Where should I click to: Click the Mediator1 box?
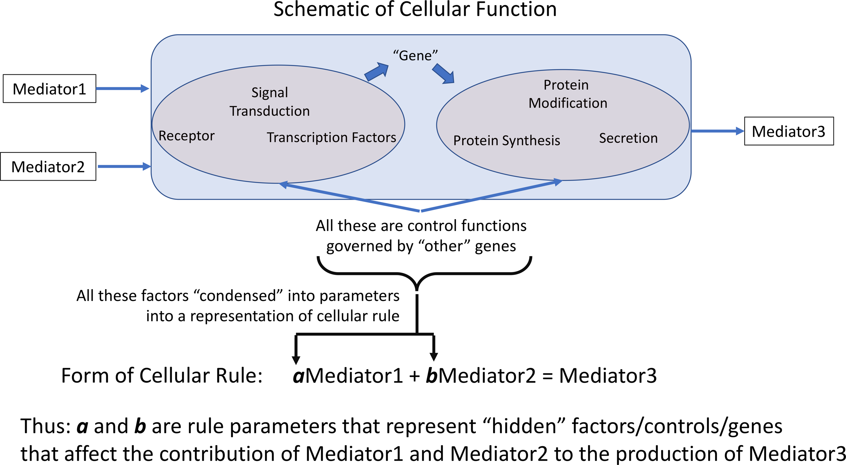click(49, 89)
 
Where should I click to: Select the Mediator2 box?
click(48, 166)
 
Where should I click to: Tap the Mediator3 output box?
click(789, 131)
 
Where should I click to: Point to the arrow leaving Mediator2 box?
click(124, 166)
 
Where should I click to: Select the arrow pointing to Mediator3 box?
click(717, 131)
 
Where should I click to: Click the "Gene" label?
click(415, 55)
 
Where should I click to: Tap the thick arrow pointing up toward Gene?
click(376, 72)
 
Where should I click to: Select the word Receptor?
click(186, 136)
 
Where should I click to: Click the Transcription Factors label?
click(331, 137)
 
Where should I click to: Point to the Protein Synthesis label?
click(507, 140)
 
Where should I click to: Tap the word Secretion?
click(628, 138)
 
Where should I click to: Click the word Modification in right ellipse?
click(568, 103)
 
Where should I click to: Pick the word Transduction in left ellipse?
click(270, 111)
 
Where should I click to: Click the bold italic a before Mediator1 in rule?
click(298, 376)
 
